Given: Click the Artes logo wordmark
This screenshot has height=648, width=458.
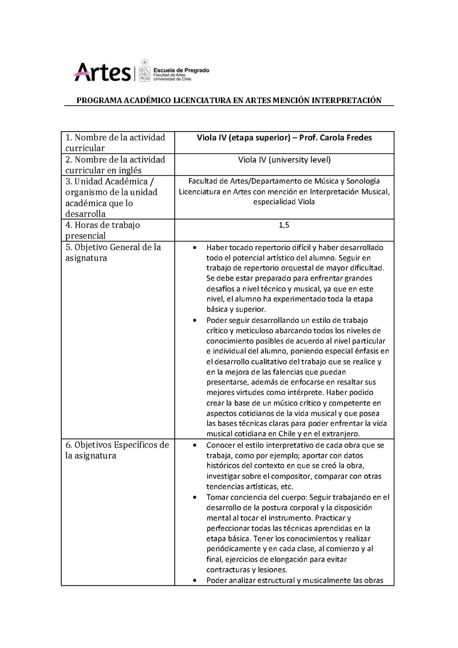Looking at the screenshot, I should pos(102,72).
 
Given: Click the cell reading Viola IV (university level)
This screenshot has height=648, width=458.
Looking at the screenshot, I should pos(284,159).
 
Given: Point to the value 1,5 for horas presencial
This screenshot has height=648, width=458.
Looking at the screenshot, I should pos(284,225).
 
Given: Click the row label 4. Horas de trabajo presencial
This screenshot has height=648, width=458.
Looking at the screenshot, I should pos(103,230).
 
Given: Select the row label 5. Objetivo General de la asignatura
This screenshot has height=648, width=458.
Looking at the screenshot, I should pos(113,252).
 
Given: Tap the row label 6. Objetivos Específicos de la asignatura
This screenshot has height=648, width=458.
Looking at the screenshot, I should pos(116,450).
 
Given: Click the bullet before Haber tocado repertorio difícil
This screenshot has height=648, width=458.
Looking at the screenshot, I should pos(195,248).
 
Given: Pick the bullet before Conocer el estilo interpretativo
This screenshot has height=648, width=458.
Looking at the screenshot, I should pos(195,445).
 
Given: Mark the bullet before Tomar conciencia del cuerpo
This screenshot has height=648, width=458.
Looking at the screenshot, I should pos(195,497).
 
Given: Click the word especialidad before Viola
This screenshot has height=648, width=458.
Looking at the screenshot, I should pos(274,202).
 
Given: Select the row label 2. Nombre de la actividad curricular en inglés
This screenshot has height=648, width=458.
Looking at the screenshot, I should pos(114,164).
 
